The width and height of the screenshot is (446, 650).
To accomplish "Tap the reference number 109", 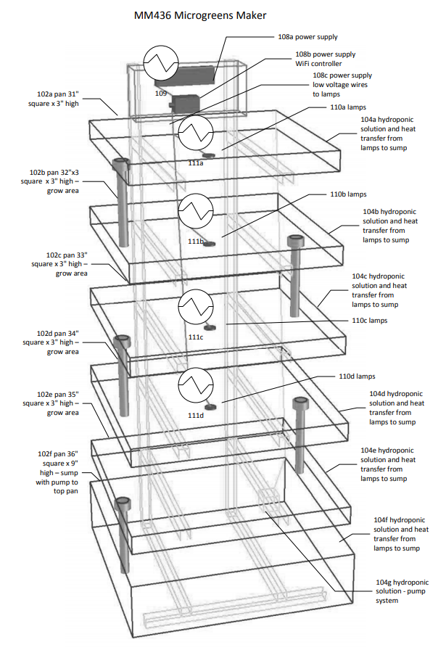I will [161, 93].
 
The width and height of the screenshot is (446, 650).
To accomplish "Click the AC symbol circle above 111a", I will [196, 132].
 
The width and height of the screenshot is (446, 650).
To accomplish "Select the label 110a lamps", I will [347, 107].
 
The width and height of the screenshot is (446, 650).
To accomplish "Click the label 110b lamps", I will [349, 194].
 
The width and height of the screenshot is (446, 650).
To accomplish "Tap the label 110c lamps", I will [370, 320].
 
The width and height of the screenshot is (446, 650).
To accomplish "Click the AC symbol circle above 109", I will [160, 63].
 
